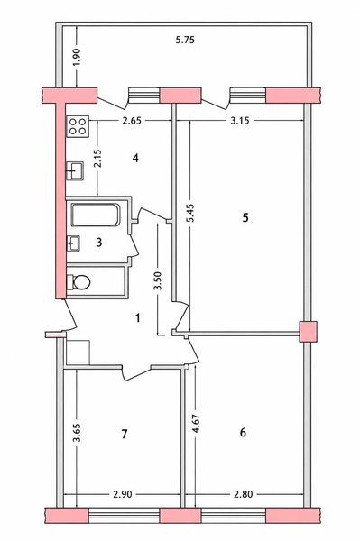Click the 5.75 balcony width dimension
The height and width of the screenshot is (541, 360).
[185, 40]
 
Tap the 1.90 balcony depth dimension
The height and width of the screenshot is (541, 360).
[77, 57]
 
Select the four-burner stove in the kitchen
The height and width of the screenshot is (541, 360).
[78, 126]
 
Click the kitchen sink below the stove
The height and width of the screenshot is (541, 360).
[75, 170]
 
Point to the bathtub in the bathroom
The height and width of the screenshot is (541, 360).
[96, 215]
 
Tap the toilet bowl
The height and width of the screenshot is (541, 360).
[78, 282]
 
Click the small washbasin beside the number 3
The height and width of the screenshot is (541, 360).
[73, 243]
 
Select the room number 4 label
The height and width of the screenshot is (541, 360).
[135, 158]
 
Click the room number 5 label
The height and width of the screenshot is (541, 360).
[245, 217]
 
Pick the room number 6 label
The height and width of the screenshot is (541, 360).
[243, 432]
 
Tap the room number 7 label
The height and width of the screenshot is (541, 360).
[125, 434]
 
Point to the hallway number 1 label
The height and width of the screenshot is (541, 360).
[138, 317]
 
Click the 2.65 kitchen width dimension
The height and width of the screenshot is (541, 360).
[132, 121]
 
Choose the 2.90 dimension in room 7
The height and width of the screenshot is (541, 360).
[122, 494]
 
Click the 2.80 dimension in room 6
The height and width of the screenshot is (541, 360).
[243, 494]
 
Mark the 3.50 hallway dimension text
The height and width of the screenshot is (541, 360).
[158, 280]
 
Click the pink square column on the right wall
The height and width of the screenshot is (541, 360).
[308, 332]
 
